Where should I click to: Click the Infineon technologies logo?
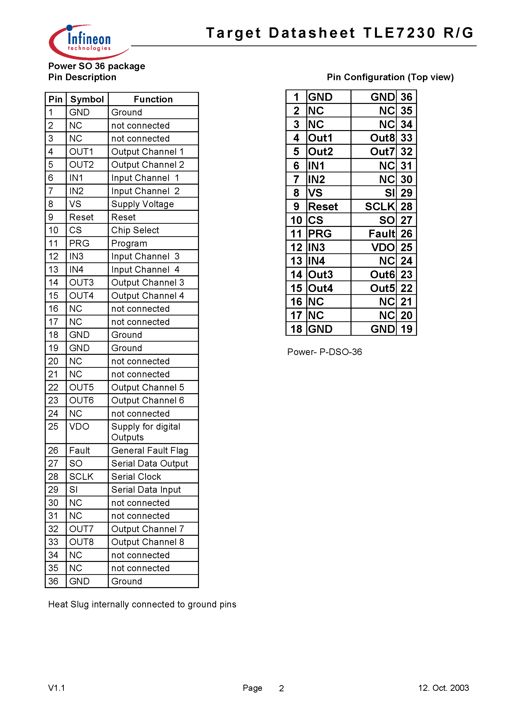89,42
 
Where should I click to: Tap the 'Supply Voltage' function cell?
143,204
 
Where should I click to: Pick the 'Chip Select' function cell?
135,230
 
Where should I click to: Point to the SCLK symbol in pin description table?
81,476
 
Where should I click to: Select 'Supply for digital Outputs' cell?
146,432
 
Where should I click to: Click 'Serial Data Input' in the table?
146,490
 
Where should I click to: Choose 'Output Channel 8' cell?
148,542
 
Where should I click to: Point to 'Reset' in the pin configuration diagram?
323,206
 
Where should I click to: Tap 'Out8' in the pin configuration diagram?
382,138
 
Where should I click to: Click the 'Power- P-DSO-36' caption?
324,352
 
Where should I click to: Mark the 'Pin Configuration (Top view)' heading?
390,77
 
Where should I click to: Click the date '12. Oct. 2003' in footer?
443,688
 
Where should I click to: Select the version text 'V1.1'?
56,688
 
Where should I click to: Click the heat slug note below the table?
142,604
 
